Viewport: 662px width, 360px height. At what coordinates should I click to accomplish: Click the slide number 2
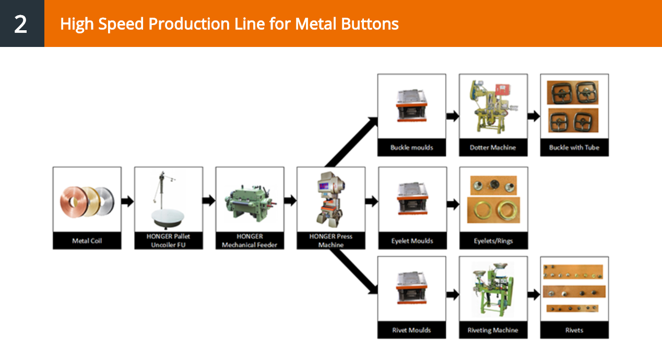point(20,24)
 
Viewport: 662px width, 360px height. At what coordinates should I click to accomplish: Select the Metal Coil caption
point(87,241)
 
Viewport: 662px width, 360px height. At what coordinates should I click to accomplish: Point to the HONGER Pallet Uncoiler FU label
point(168,241)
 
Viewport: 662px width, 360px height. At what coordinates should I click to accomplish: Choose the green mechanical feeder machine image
point(250,202)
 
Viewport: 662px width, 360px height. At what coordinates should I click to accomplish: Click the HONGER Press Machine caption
point(330,241)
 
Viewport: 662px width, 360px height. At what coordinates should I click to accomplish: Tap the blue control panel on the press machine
point(324,186)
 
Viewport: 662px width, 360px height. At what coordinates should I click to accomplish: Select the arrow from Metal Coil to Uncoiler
point(127,201)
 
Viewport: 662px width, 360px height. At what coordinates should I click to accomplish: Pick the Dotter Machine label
point(493,147)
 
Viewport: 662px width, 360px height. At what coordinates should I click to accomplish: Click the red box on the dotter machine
point(503,90)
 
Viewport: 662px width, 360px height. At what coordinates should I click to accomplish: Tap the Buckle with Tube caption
point(574,147)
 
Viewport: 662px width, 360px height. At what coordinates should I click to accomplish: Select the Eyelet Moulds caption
point(412,241)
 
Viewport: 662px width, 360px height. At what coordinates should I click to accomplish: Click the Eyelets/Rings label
point(493,241)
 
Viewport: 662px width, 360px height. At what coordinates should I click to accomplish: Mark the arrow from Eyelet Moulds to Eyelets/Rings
point(453,204)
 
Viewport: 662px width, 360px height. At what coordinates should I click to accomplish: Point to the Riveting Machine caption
point(493,330)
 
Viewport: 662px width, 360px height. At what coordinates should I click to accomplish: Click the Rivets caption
point(574,330)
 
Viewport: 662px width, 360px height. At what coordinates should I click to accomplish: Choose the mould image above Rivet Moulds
point(411,287)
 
